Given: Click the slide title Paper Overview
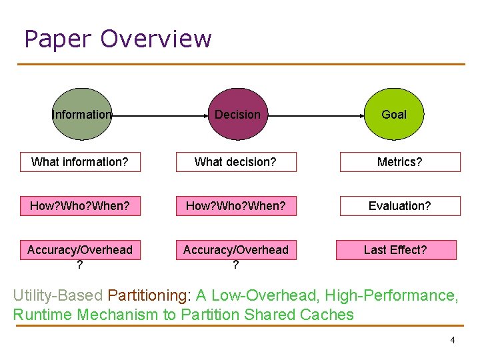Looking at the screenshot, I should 117,39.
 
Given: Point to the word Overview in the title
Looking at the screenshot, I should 156,39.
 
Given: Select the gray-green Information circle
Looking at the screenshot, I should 82,114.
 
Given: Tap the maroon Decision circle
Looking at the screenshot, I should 237,114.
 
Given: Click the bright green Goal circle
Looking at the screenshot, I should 393,114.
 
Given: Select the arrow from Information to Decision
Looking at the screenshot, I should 160,115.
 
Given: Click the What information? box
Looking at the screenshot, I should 80,162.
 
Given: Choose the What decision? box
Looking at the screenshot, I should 235,162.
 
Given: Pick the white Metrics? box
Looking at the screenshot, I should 400,162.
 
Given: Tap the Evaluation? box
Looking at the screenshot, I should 400,206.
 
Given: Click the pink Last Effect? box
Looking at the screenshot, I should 395,250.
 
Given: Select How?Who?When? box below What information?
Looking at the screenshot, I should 80,206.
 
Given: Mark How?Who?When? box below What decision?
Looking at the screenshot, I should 235,206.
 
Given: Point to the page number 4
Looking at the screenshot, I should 453,340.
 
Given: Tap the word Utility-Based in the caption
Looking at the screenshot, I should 58,295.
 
